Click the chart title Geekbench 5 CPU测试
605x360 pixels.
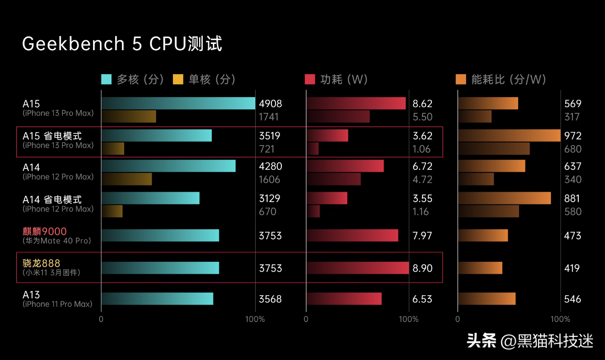122,44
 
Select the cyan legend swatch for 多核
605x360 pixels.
107,79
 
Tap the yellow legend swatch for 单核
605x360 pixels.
178,79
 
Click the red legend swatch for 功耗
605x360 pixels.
310,79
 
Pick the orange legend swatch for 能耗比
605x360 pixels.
461,79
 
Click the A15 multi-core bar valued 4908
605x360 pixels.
178,103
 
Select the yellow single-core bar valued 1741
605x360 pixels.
129,117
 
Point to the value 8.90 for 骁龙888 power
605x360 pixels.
423,268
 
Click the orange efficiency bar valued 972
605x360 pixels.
509,136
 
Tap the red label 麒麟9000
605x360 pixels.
44,231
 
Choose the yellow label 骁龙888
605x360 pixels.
41,263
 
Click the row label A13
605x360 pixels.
31,295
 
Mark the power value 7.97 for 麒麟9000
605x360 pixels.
423,236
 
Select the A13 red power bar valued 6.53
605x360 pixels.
344,299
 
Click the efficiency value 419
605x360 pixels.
573,268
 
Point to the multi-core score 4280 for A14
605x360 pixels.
270,167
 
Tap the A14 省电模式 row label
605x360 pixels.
52,200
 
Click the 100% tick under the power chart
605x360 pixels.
409,319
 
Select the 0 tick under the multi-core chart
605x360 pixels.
101,319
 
